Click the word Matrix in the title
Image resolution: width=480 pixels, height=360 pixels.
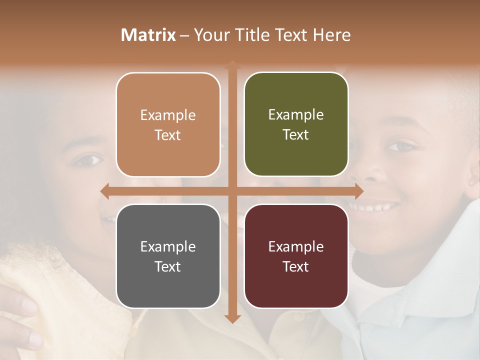pos(148,35)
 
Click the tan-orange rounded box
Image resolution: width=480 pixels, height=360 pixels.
pos(168,125)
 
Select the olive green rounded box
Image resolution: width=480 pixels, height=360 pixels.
pos(296,124)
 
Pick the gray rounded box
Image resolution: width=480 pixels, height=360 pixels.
pos(168,256)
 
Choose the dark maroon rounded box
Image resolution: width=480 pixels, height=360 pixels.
pos(296,256)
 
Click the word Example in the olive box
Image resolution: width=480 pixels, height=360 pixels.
pos(296,114)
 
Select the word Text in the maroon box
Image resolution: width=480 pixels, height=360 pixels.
pos(296,266)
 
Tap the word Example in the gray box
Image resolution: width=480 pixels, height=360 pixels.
pos(168,246)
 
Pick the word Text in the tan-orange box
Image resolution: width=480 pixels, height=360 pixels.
pos(168,135)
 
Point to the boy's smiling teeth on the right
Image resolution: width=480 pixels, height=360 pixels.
pos(372,205)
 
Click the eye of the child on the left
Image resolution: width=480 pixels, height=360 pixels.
pos(88,160)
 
